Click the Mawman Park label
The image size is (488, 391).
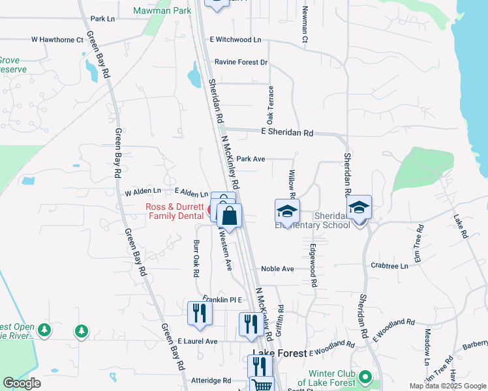tap(162, 10)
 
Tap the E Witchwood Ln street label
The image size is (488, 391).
tap(235, 40)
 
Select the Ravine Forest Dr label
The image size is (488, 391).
tap(241, 63)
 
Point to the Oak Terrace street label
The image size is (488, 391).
tap(269, 105)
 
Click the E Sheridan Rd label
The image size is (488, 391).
tap(286, 133)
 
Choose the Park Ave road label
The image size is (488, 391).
tap(251, 158)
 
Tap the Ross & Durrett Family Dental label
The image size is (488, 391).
tap(174, 211)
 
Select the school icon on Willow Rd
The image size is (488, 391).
tap(287, 212)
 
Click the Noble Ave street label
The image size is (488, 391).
tap(277, 268)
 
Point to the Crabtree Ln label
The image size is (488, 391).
tap(389, 266)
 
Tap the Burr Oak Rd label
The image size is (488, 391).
tap(195, 258)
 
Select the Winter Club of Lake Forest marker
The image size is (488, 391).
tap(365, 377)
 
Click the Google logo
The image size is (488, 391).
tap(22, 383)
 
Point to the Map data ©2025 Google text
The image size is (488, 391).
tap(448, 386)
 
